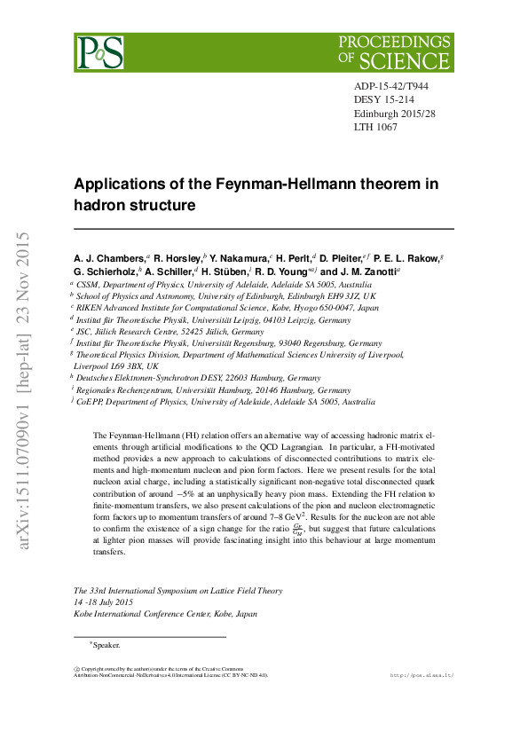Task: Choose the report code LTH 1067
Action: pyautogui.click(x=376, y=127)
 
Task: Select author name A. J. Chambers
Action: pyautogui.click(x=109, y=258)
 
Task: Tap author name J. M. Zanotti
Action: pyautogui.click(x=366, y=271)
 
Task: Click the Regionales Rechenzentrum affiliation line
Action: pyautogui.click(x=213, y=389)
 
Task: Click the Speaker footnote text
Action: pyautogui.click(x=106, y=645)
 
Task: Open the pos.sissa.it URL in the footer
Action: pyautogui.click(x=422, y=675)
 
